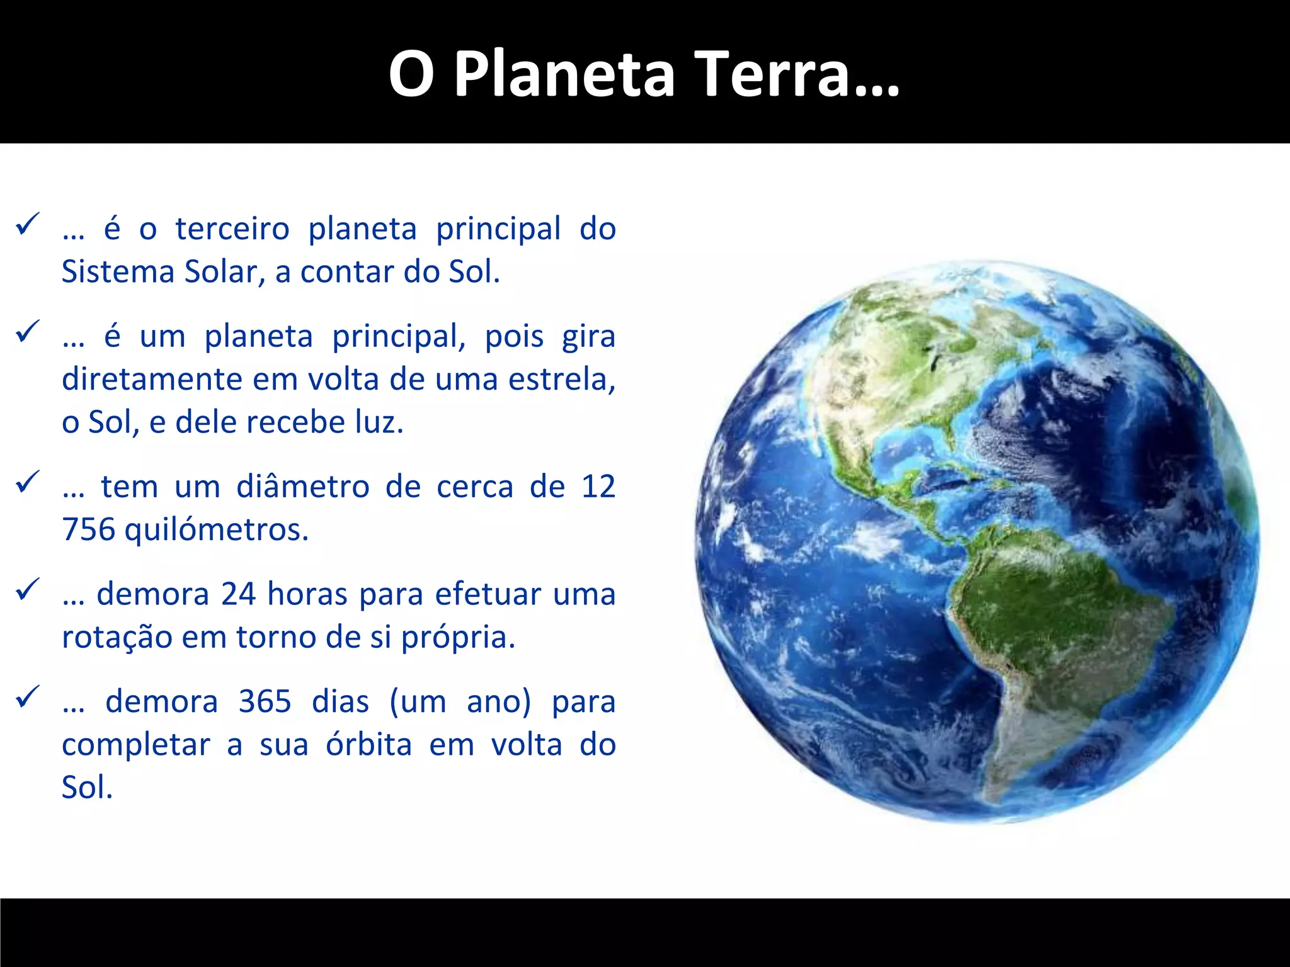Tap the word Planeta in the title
(x=564, y=74)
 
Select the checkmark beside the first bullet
(x=28, y=224)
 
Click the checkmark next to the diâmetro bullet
(x=28, y=482)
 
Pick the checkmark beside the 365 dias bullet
(x=28, y=697)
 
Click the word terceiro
(x=232, y=229)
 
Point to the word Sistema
(x=118, y=272)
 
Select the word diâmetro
(x=302, y=487)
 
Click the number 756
(x=89, y=529)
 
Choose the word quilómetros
(x=216, y=529)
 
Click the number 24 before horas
(x=238, y=594)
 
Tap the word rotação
(x=117, y=637)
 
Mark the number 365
(x=265, y=701)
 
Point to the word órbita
(x=368, y=745)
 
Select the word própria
(x=458, y=637)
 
